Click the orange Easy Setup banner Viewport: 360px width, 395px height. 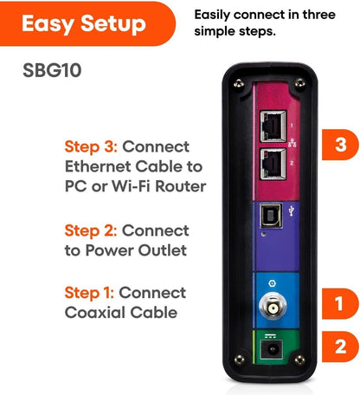[x=82, y=23]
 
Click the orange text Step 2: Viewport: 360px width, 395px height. [x=92, y=230]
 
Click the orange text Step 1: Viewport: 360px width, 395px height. [x=90, y=292]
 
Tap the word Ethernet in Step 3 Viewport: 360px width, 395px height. [x=99, y=165]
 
